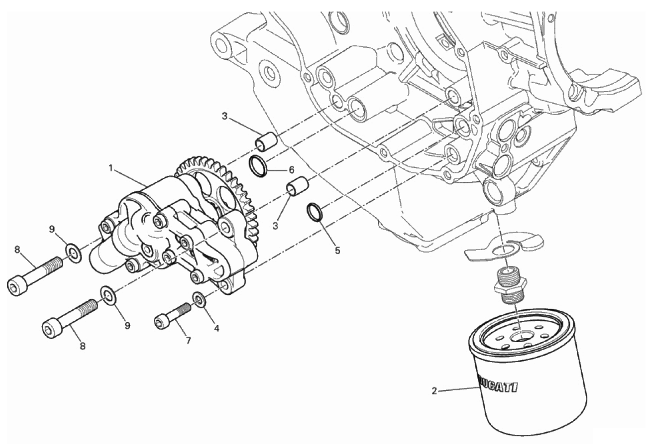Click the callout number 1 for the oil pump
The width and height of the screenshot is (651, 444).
[111, 168]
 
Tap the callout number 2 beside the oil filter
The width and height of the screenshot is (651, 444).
[434, 391]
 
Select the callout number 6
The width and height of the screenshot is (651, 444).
[292, 170]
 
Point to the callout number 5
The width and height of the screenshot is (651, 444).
[337, 251]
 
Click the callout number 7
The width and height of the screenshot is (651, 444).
[188, 341]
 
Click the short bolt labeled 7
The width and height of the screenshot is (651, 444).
[173, 315]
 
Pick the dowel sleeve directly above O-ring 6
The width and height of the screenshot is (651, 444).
[266, 142]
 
